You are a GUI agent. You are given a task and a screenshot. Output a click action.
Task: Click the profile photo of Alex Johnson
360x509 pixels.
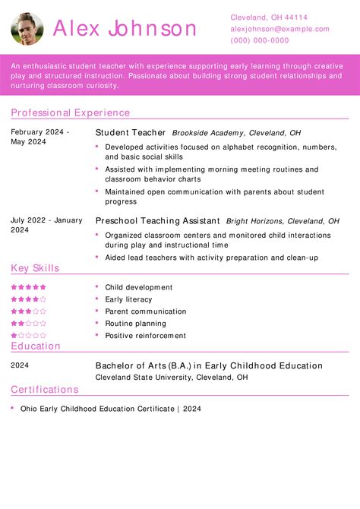pos(27,28)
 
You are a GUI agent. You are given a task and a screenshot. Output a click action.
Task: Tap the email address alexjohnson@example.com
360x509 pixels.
pos(279,29)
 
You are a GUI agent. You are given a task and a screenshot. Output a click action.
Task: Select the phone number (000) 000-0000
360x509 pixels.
pos(260,40)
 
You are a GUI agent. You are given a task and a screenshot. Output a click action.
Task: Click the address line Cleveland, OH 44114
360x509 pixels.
pos(269,17)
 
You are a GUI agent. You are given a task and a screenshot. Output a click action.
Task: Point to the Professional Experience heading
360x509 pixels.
pos(71,112)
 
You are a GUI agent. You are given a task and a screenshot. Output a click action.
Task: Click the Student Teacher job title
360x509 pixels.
pos(129,132)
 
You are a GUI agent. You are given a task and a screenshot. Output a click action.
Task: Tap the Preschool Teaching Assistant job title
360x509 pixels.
pos(158,220)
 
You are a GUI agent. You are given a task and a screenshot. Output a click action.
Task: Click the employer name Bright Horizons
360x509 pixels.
pos(254,221)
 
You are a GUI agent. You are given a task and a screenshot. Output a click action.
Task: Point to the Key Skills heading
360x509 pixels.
pos(35,268)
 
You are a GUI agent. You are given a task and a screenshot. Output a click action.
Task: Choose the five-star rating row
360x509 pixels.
pos(29,287)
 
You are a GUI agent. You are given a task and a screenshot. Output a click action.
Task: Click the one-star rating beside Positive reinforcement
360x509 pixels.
pos(29,335)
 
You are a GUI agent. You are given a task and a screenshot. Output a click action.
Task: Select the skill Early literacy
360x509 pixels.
pos(128,299)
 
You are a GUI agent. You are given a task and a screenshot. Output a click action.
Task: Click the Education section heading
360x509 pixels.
pos(36,346)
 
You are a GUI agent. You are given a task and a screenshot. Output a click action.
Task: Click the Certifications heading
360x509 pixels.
pos(45,390)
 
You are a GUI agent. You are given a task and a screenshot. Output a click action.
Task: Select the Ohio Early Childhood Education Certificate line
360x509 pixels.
pos(111,408)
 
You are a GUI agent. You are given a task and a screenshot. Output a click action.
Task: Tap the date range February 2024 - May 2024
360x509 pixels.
pos(39,137)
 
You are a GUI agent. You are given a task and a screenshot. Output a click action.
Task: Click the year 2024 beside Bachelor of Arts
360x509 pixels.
pos(21,365)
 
